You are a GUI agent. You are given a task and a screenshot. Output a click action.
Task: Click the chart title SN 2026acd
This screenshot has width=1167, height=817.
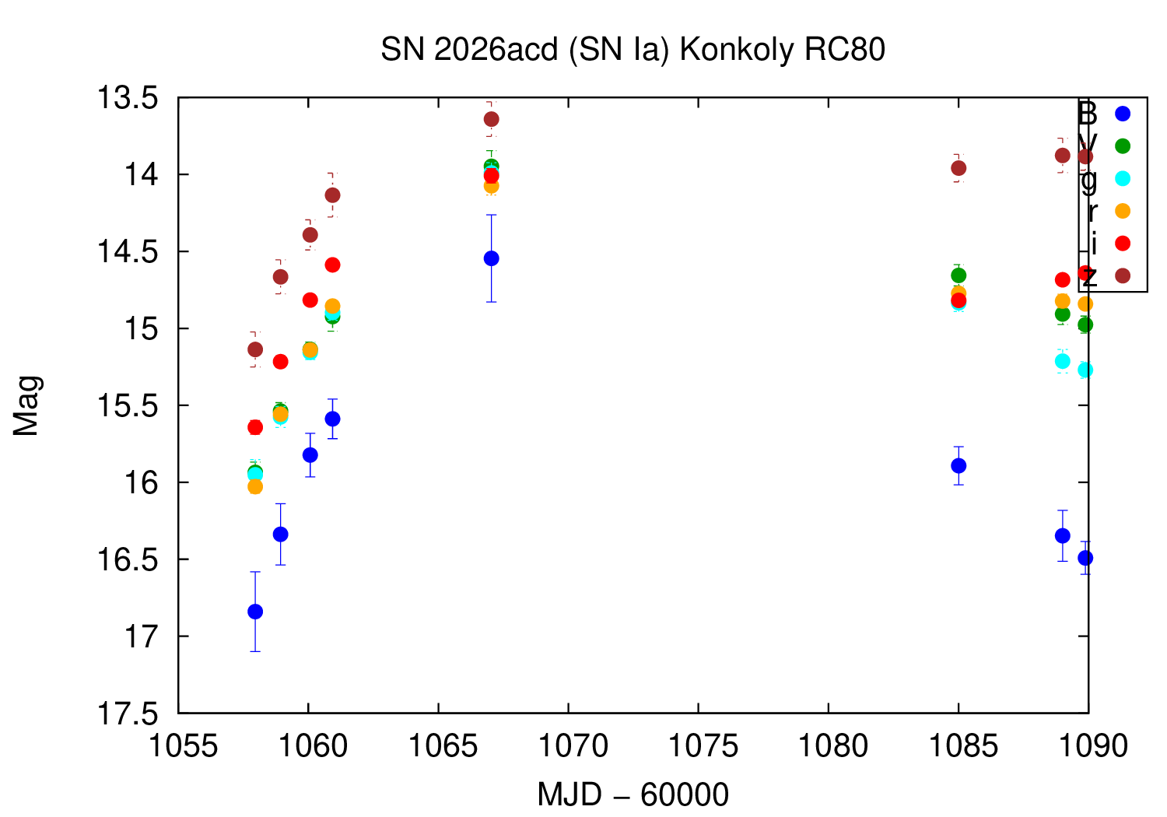(x=633, y=50)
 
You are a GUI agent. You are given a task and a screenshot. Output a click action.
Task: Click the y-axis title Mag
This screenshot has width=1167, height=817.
(x=26, y=405)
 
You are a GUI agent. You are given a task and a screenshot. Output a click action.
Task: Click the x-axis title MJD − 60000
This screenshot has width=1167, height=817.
(x=633, y=794)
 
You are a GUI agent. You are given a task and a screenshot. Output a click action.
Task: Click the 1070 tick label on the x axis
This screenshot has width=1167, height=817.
(x=568, y=746)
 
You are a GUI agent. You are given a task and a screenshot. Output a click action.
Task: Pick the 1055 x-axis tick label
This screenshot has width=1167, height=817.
(x=179, y=746)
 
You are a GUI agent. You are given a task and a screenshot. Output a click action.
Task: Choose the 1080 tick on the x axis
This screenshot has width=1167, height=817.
(x=828, y=746)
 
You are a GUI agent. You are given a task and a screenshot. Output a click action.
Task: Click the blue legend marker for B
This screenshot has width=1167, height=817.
(x=1122, y=114)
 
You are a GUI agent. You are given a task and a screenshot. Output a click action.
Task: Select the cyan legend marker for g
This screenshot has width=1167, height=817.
(x=1122, y=178)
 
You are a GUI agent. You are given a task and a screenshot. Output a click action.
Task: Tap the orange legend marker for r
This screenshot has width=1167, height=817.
(x=1122, y=211)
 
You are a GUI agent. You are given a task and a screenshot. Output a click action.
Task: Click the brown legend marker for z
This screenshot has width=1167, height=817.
(x=1122, y=275)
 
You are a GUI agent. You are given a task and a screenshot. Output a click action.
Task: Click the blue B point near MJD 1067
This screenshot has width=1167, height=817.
(x=491, y=258)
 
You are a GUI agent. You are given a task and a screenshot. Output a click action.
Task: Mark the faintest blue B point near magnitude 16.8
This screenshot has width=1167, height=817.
(x=255, y=612)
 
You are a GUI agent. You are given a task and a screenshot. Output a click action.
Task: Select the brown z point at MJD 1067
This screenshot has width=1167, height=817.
(x=491, y=119)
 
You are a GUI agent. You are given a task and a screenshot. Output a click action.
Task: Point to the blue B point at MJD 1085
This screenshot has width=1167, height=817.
(x=958, y=466)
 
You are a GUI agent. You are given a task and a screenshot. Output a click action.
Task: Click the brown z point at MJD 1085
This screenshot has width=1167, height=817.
(x=958, y=168)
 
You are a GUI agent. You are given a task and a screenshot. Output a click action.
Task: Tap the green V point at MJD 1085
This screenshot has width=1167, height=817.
(x=958, y=275)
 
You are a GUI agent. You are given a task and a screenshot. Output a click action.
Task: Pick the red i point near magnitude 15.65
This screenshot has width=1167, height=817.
(x=255, y=427)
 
